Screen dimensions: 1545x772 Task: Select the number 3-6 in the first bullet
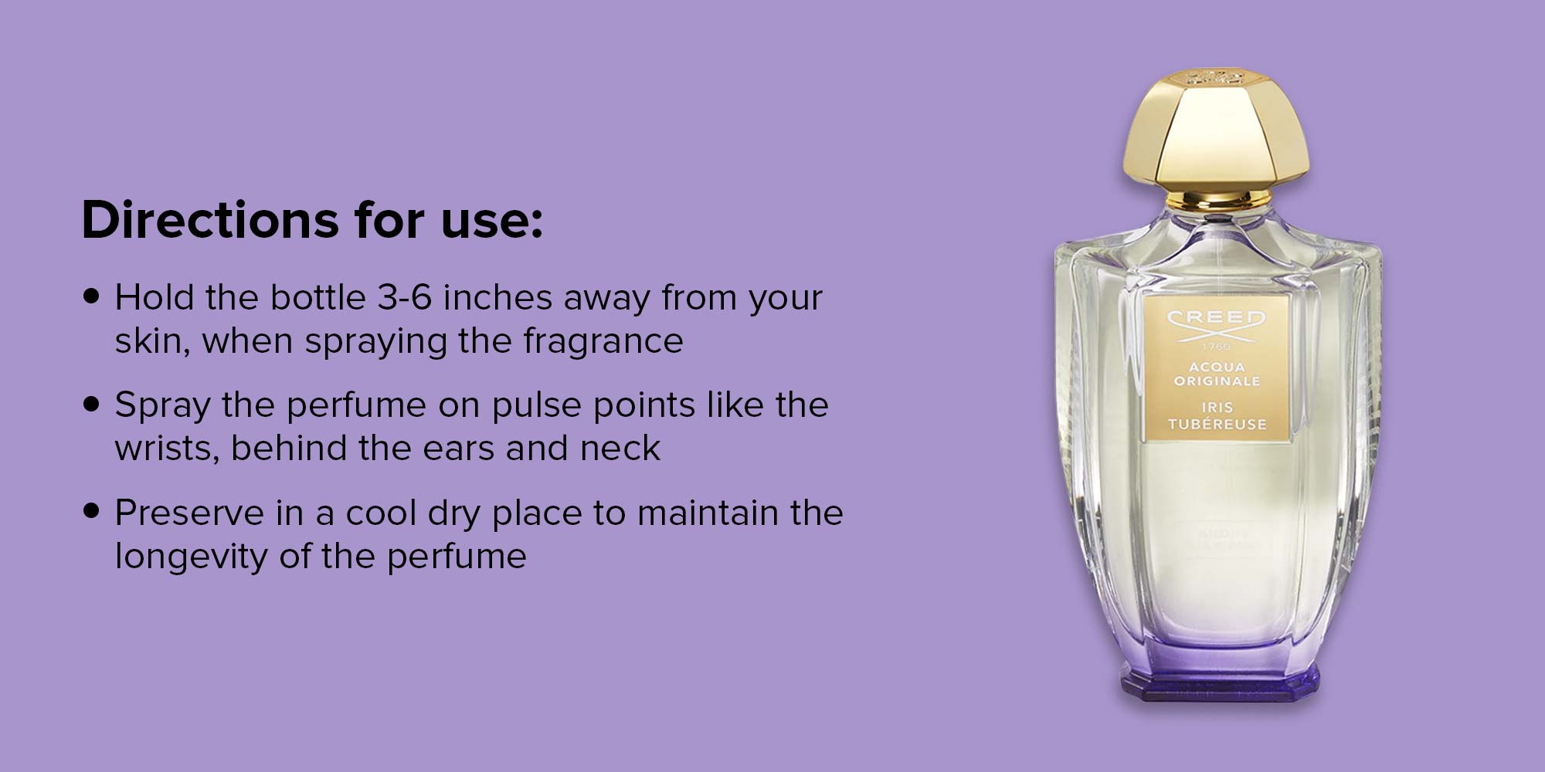404,297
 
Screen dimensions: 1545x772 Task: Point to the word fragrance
603,341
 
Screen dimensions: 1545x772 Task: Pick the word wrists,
168,449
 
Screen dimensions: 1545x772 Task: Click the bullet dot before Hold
92,296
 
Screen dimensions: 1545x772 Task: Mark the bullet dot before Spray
92,404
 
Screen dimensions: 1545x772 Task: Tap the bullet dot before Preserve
92,511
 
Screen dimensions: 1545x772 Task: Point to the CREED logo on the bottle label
1217,324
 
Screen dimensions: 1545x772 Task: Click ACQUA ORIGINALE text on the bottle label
1217,374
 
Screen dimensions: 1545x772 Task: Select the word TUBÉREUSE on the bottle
1217,424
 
